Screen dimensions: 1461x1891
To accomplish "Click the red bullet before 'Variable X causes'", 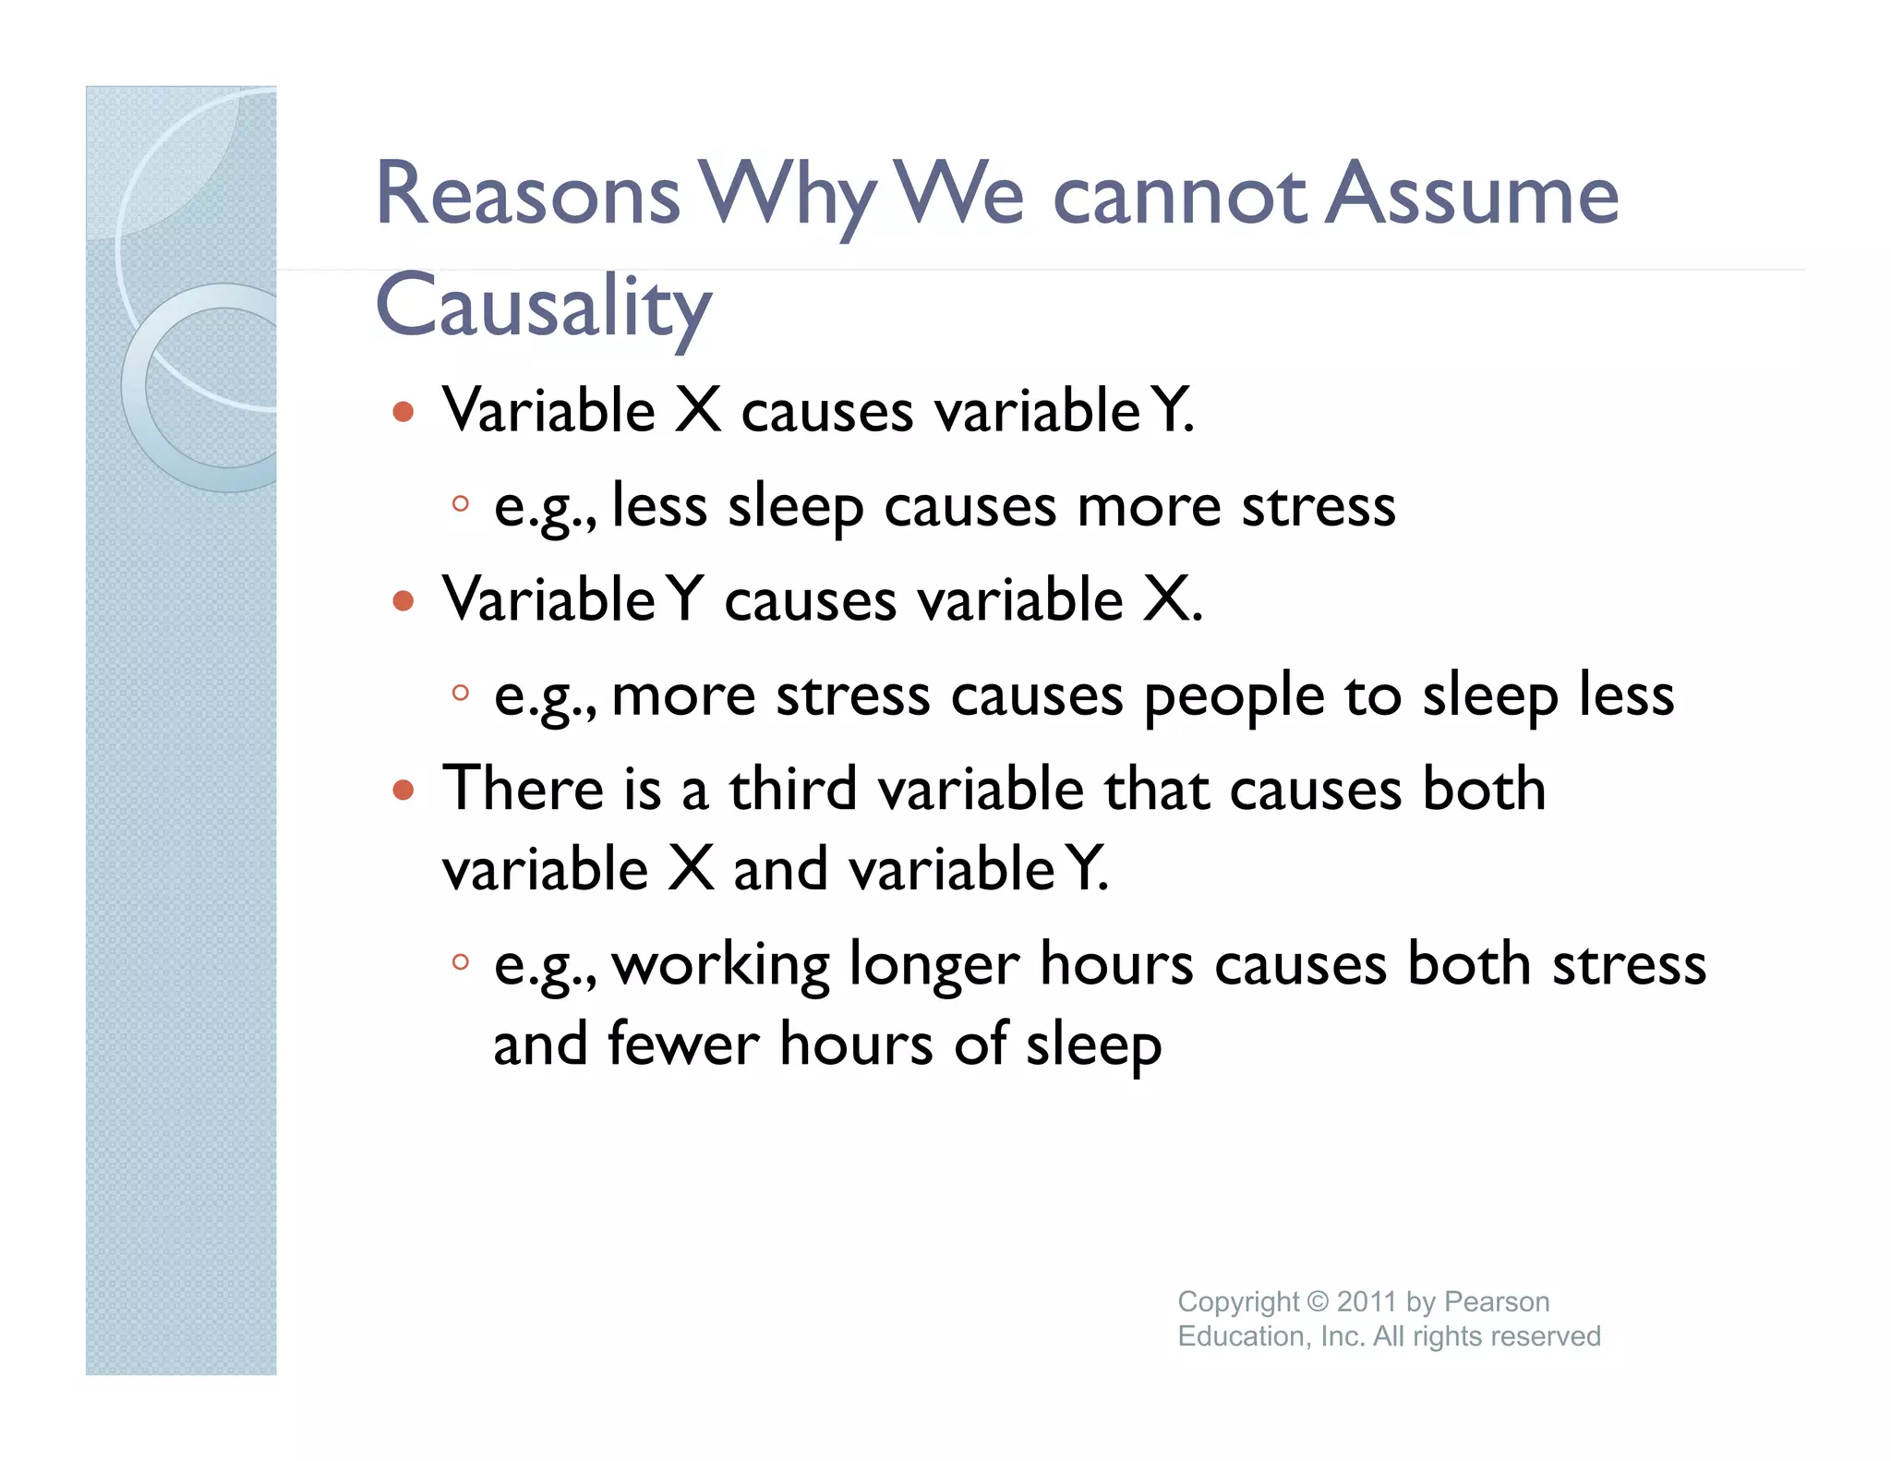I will tap(403, 411).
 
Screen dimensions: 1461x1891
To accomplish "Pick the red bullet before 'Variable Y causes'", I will tap(403, 601).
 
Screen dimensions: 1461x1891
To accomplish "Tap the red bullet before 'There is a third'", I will tap(403, 790).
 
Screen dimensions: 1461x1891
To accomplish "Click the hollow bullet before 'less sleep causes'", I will tap(460, 504).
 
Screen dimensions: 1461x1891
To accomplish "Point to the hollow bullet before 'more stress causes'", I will tap(460, 692).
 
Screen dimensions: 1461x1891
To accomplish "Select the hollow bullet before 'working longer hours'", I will tap(460, 962).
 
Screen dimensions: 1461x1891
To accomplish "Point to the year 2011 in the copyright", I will tap(1367, 1301).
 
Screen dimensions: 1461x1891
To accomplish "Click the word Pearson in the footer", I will tap(1497, 1301).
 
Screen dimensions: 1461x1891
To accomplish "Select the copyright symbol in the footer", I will tap(1318, 1301).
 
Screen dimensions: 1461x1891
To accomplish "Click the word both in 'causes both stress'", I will tap(1469, 964).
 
